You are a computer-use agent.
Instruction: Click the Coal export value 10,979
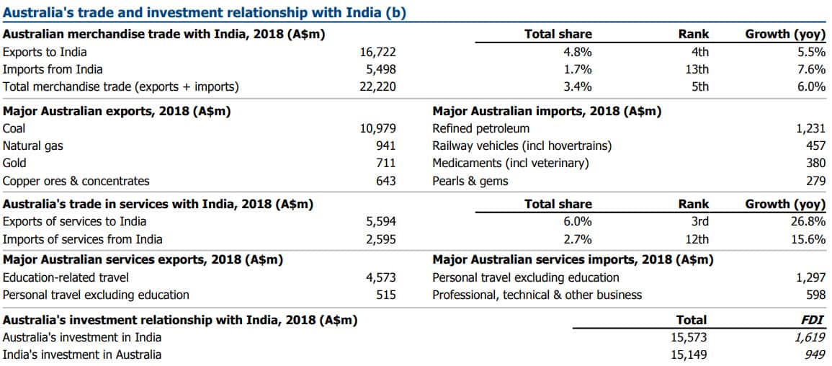377,129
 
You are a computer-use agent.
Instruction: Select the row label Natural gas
33,146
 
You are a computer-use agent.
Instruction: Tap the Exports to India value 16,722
377,52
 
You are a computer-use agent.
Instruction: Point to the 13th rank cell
697,69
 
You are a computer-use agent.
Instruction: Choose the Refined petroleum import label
480,129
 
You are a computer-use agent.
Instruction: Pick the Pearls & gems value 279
815,181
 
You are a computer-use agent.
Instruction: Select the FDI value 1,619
810,337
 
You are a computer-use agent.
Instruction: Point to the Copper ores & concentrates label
76,181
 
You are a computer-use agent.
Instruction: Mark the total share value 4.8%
578,52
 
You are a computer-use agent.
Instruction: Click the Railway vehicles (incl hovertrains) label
522,146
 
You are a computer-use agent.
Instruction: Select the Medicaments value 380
815,164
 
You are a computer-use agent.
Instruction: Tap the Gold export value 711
385,164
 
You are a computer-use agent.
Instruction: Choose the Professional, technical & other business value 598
815,295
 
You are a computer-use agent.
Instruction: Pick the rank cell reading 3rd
699,221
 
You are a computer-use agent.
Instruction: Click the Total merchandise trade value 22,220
377,86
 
